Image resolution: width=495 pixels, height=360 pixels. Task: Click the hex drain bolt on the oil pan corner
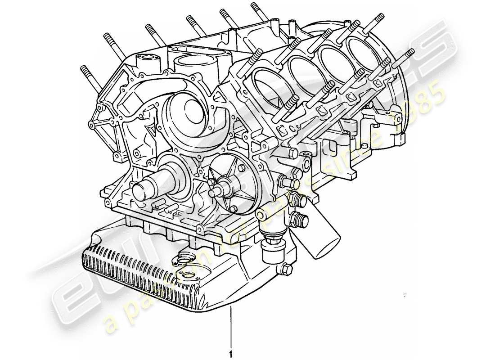click(x=285, y=270)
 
